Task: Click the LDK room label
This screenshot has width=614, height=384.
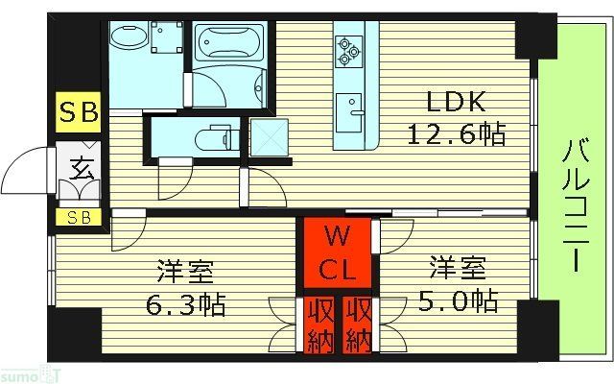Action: (455, 103)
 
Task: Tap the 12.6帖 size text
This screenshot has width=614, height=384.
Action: (455, 133)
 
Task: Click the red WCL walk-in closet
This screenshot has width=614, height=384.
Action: (335, 252)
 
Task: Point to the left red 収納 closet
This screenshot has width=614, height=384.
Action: (320, 324)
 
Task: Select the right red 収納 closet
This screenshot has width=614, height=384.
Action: (357, 324)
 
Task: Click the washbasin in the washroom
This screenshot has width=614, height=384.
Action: (124, 40)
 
